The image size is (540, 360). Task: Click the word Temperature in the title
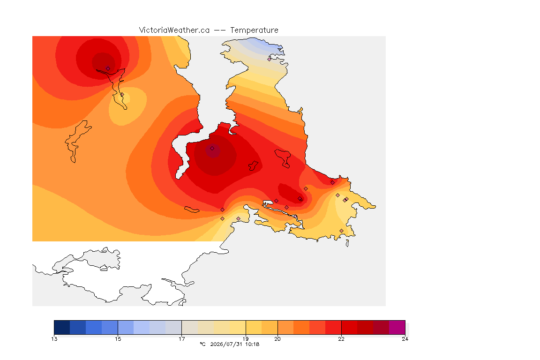point(254,30)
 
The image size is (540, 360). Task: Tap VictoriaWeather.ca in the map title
point(174,30)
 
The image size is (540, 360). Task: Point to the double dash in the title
point(220,30)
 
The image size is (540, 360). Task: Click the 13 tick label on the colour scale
point(54,339)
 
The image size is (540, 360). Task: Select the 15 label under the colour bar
point(118,339)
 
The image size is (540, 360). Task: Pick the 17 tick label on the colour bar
point(182,339)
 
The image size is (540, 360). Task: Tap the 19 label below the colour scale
point(246,339)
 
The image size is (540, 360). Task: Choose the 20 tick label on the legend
point(277,339)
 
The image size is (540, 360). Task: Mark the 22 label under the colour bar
point(341,339)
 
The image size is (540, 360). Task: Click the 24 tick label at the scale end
point(405,339)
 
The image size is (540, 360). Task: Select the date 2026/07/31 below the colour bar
point(226,344)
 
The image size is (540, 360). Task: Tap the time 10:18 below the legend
point(252,344)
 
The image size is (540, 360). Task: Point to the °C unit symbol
point(202,344)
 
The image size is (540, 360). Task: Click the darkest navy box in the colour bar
point(62,327)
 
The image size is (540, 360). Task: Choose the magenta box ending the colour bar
point(397,327)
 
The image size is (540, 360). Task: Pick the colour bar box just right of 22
point(349,327)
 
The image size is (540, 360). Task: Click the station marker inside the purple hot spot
point(212,149)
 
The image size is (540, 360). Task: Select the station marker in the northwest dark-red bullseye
point(108,69)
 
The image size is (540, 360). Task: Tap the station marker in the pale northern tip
point(270,59)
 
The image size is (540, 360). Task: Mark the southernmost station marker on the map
point(341,231)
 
